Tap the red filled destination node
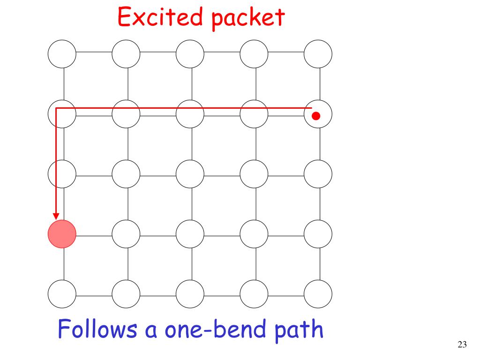click(62, 233)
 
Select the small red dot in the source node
click(316, 115)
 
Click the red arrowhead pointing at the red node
click(56, 216)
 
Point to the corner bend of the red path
click(56, 108)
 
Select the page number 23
click(462, 345)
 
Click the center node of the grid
click(190, 173)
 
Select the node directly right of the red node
click(126, 233)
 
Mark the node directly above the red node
click(62, 173)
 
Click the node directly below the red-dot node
click(318, 173)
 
